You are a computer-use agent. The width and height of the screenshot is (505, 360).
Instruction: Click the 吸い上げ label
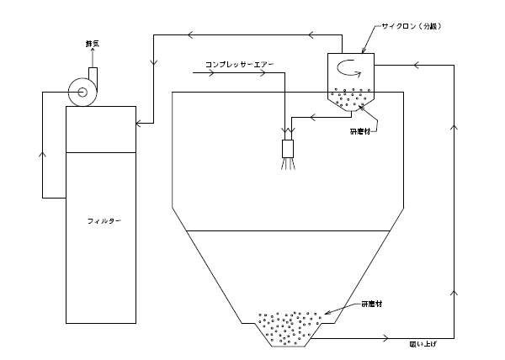coord(418,345)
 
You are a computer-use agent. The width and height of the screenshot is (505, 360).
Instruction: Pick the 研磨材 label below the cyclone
coord(362,130)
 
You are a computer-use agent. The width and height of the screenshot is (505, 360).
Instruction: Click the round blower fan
coord(82,91)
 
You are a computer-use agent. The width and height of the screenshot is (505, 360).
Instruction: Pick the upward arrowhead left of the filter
coord(42,154)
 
